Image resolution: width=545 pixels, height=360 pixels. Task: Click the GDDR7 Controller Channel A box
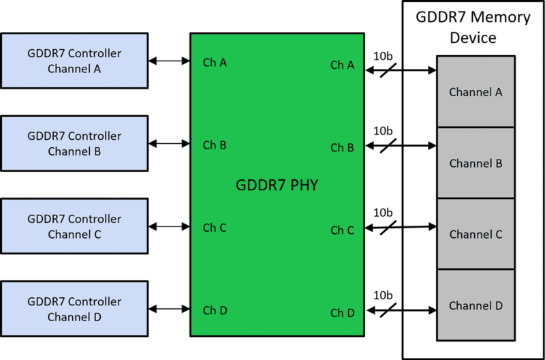74,61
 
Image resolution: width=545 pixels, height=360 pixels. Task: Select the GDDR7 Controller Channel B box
74,143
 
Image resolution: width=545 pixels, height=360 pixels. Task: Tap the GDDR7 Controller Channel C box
74,226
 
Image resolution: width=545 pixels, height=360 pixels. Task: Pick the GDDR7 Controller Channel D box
74,309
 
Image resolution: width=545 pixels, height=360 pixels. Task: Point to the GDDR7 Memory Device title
473,27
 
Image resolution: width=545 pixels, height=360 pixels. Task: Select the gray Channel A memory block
476,92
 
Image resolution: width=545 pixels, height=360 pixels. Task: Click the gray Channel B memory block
476,163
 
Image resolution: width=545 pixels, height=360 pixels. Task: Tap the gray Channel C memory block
476,234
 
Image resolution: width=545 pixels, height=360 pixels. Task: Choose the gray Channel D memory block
476,305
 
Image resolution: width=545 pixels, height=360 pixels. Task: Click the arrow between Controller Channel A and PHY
169,61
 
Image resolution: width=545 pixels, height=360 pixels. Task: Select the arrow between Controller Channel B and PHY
169,144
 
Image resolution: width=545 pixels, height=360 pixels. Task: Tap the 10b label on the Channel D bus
383,296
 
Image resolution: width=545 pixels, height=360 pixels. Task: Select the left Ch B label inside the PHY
215,145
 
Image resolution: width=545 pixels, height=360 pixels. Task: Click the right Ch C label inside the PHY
342,230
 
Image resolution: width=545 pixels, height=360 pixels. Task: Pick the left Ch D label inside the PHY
215,310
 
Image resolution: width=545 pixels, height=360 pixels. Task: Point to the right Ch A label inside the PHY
342,65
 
